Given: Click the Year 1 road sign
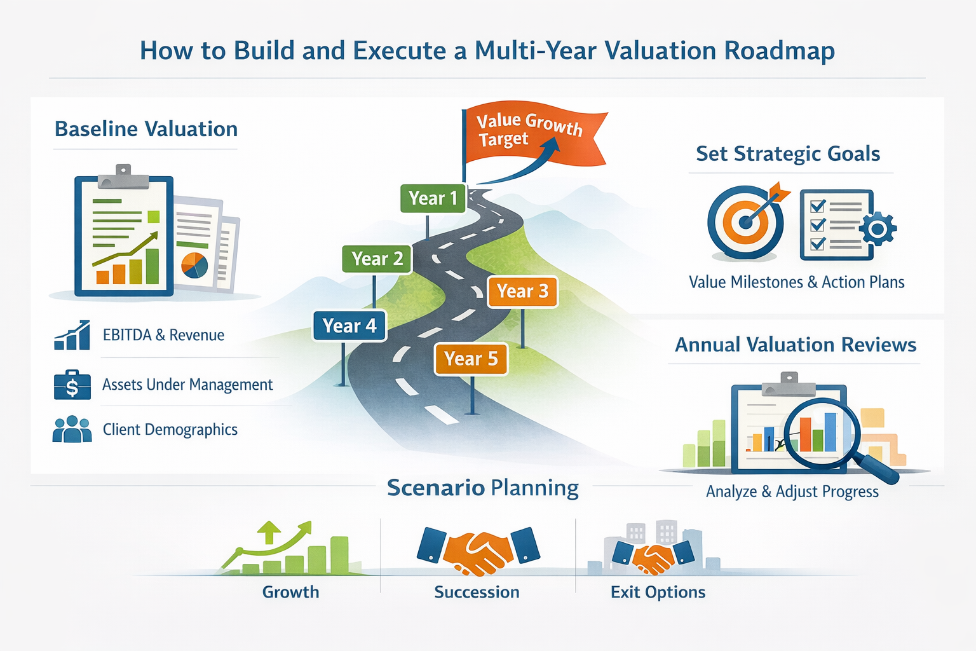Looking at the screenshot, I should tap(433, 198).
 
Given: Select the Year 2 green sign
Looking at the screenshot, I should tap(377, 259).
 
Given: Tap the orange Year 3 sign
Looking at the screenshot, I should tap(522, 291).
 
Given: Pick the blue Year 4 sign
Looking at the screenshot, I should tap(349, 325).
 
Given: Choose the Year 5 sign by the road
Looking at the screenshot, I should tap(471, 359).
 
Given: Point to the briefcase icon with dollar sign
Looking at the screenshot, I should tap(72, 385).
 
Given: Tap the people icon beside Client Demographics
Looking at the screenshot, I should tap(72, 430).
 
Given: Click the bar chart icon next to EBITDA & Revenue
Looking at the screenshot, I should tap(72, 335).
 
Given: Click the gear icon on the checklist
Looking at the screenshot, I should tap(878, 228).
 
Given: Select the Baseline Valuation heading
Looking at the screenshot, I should tap(146, 129).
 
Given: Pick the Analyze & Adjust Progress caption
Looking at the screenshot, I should tap(792, 491).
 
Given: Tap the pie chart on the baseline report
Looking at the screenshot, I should tap(194, 265).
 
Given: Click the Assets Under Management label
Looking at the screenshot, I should tap(187, 385).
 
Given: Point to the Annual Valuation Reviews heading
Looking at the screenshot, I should tap(796, 345).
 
